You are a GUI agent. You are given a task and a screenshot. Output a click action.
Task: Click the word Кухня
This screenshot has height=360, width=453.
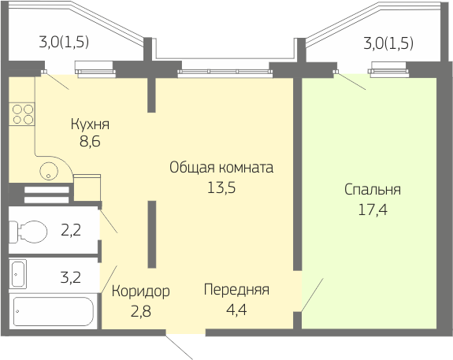(90, 124)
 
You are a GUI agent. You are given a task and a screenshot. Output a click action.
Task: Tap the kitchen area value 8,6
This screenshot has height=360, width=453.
(90, 142)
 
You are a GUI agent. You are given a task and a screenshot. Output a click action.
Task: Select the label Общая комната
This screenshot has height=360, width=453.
(221, 168)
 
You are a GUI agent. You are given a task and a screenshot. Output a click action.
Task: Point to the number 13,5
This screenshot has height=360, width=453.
(221, 187)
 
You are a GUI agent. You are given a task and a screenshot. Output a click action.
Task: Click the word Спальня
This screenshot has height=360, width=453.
(373, 190)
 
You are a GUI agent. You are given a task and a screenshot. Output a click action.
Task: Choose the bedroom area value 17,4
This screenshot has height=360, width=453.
(373, 210)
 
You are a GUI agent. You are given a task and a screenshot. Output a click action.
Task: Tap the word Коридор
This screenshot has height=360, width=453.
(141, 291)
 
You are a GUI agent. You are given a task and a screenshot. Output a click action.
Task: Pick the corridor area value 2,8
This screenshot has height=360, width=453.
(141, 312)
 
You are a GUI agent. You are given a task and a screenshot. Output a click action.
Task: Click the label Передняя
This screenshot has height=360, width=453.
(236, 290)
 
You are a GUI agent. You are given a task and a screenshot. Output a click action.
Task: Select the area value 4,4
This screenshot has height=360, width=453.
(236, 310)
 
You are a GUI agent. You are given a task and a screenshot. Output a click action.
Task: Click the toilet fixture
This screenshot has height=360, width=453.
(28, 232)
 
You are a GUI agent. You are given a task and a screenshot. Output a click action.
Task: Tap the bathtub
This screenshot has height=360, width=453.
(54, 312)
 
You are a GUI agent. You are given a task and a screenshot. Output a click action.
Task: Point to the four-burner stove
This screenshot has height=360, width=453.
(22, 114)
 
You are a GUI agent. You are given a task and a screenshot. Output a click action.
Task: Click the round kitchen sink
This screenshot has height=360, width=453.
(49, 171)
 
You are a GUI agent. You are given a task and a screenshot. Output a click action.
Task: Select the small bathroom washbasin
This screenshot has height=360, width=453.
(18, 273)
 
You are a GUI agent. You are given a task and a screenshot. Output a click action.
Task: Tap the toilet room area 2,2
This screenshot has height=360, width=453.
(71, 231)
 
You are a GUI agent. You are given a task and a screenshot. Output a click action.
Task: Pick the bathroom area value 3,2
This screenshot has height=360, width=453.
(70, 277)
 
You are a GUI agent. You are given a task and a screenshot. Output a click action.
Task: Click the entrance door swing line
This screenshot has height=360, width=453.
(179, 347)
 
